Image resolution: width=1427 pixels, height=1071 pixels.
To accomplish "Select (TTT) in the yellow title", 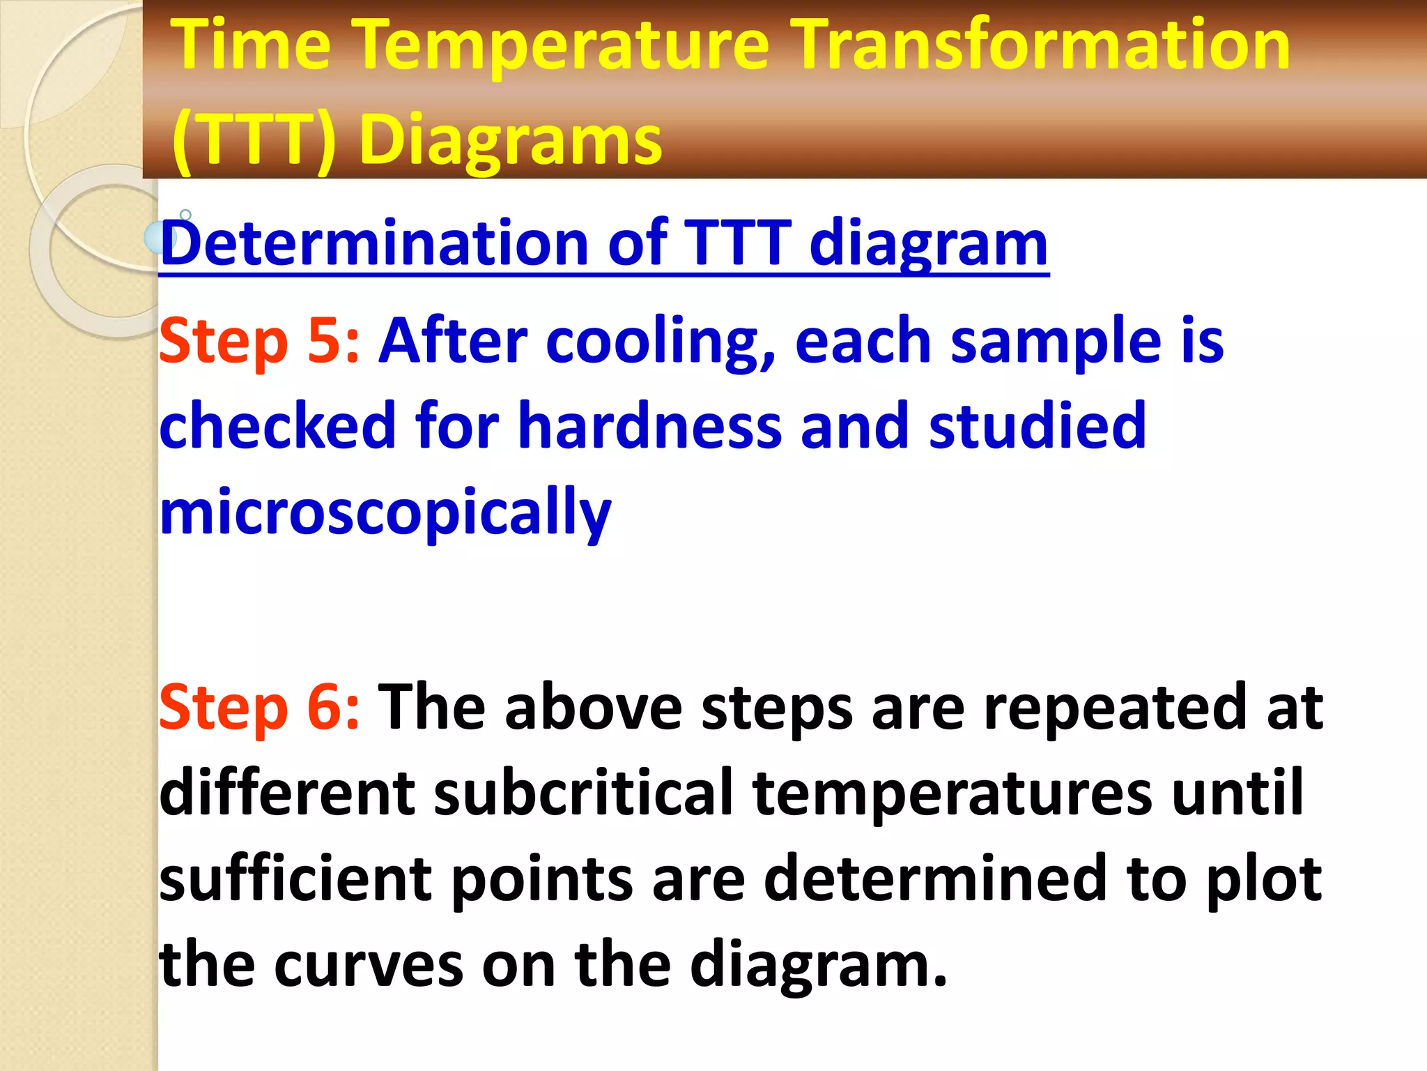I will click(254, 139).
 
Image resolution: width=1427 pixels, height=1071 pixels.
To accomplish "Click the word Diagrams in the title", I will click(510, 139).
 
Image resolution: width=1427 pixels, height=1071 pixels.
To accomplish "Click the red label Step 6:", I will click(259, 707).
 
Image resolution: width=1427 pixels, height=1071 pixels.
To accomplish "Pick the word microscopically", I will click(385, 512).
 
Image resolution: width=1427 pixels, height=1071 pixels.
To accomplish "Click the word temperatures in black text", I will click(952, 793).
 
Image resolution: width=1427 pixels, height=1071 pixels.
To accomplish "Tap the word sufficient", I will click(295, 879).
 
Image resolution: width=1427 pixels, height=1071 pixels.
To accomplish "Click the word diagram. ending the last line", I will click(818, 965).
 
